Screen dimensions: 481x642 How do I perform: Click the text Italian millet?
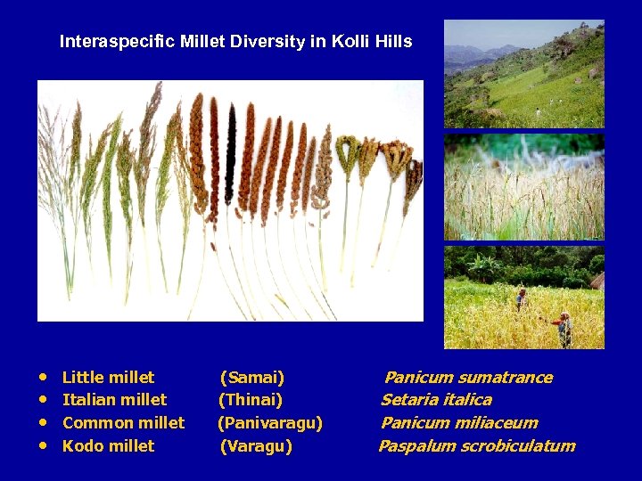(x=114, y=400)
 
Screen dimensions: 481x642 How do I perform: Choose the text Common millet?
(x=123, y=423)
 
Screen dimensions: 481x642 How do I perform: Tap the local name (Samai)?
(x=252, y=378)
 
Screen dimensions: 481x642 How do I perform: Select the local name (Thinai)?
(x=251, y=400)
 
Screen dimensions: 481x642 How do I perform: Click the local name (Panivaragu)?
(x=270, y=423)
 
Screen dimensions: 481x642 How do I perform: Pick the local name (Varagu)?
(x=256, y=446)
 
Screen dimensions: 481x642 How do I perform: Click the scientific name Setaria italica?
(x=436, y=400)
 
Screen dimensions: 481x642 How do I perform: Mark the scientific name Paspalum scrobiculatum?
(x=477, y=446)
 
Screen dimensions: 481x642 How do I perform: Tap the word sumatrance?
(x=506, y=378)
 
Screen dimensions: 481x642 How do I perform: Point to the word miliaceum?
(x=499, y=423)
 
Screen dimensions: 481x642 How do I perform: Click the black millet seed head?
(x=231, y=143)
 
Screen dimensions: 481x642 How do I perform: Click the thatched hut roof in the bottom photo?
(x=597, y=281)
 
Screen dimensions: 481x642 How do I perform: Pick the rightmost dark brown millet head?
(x=412, y=178)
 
